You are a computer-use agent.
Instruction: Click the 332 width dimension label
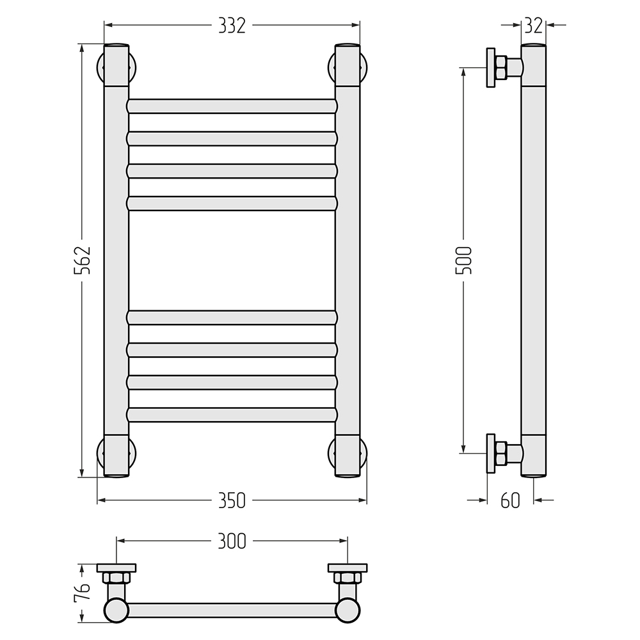click(x=232, y=26)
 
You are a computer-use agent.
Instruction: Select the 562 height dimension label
click(x=82, y=260)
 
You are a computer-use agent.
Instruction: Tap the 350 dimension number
click(x=232, y=500)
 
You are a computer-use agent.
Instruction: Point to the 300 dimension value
click(x=232, y=541)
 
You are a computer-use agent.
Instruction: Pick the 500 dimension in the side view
click(x=463, y=260)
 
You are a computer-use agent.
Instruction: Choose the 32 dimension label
click(x=534, y=26)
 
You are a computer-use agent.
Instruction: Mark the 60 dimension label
click(x=510, y=500)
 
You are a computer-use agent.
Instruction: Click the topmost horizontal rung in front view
click(x=232, y=106)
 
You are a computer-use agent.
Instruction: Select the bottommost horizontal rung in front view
click(x=232, y=414)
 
